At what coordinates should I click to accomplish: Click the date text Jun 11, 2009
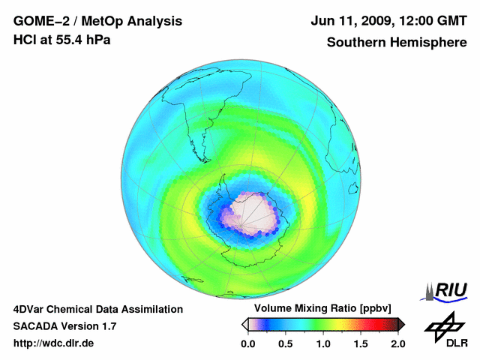point(353,20)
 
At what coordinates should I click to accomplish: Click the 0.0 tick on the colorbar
point(247,343)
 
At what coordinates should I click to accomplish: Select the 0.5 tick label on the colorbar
point(285,343)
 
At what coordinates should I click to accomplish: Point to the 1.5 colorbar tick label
point(360,343)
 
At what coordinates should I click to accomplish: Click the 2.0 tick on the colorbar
point(397,343)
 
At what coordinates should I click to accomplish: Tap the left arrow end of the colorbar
point(244,324)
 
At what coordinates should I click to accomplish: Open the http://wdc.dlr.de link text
point(54,343)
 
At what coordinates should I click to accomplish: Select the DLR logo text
point(445,343)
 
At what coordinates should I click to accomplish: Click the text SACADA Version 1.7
point(64,326)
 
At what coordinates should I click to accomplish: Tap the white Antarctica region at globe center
point(253,212)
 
